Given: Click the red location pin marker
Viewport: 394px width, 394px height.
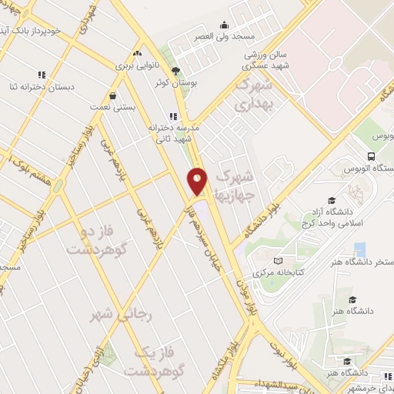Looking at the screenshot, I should pyautogui.click(x=198, y=181).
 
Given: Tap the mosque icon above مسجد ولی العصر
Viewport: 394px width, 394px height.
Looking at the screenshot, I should pyautogui.click(x=224, y=25).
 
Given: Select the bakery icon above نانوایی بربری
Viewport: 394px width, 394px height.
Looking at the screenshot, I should pyautogui.click(x=137, y=54).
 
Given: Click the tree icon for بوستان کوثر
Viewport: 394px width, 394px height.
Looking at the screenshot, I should pyautogui.click(x=176, y=70).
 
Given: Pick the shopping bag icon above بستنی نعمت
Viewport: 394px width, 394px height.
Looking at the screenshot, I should pyautogui.click(x=114, y=96).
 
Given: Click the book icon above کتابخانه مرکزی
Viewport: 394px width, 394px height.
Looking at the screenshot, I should pyautogui.click(x=279, y=260).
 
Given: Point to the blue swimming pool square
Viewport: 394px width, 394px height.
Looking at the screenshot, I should pyautogui.click(x=359, y=249).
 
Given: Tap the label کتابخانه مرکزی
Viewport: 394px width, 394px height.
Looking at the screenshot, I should pyautogui.click(x=281, y=273).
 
